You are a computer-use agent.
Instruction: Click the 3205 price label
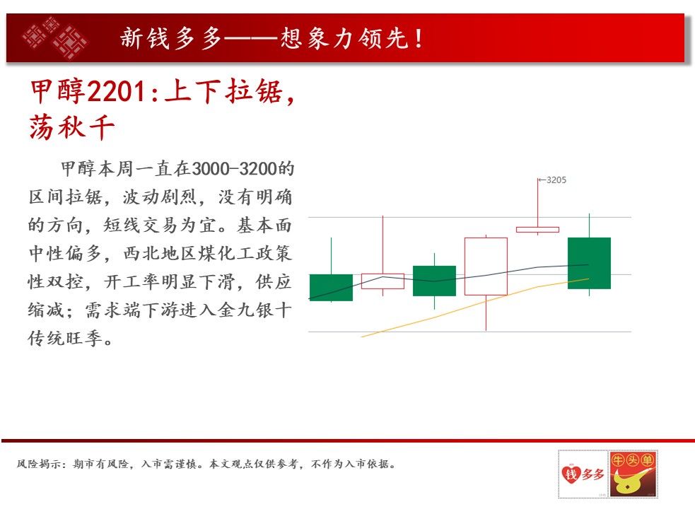point(556,180)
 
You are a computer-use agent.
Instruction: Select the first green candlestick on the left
point(331,287)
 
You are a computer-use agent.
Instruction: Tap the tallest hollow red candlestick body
point(486,267)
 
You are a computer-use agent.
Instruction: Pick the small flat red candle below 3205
point(537,230)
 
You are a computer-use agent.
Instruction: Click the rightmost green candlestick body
point(589,264)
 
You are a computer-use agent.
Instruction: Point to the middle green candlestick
point(434,281)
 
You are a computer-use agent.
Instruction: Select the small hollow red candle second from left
point(383,281)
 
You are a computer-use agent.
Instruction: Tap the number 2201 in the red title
point(116,92)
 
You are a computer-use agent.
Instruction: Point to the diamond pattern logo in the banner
point(55,38)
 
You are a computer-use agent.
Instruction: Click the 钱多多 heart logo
point(583,474)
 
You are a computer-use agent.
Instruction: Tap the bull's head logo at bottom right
point(633,474)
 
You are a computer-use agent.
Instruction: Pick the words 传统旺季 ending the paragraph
point(65,339)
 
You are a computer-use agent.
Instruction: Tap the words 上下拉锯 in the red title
point(223,92)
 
